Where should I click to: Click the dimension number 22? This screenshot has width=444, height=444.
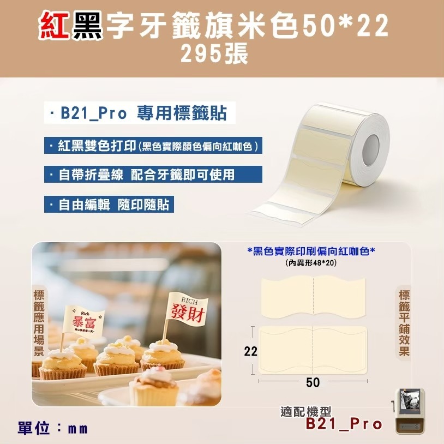pyautogui.click(x=250, y=352)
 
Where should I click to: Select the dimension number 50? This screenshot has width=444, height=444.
pyautogui.click(x=313, y=382)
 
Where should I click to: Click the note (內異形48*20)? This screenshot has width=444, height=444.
pyautogui.click(x=311, y=263)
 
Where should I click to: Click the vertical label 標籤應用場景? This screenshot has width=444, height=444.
pyautogui.click(x=39, y=322)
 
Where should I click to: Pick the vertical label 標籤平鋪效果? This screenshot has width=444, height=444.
pyautogui.click(x=404, y=323)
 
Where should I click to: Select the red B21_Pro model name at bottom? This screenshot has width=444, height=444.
pyautogui.click(x=344, y=424)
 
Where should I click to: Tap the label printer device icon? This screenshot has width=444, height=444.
pyautogui.click(x=410, y=410)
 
